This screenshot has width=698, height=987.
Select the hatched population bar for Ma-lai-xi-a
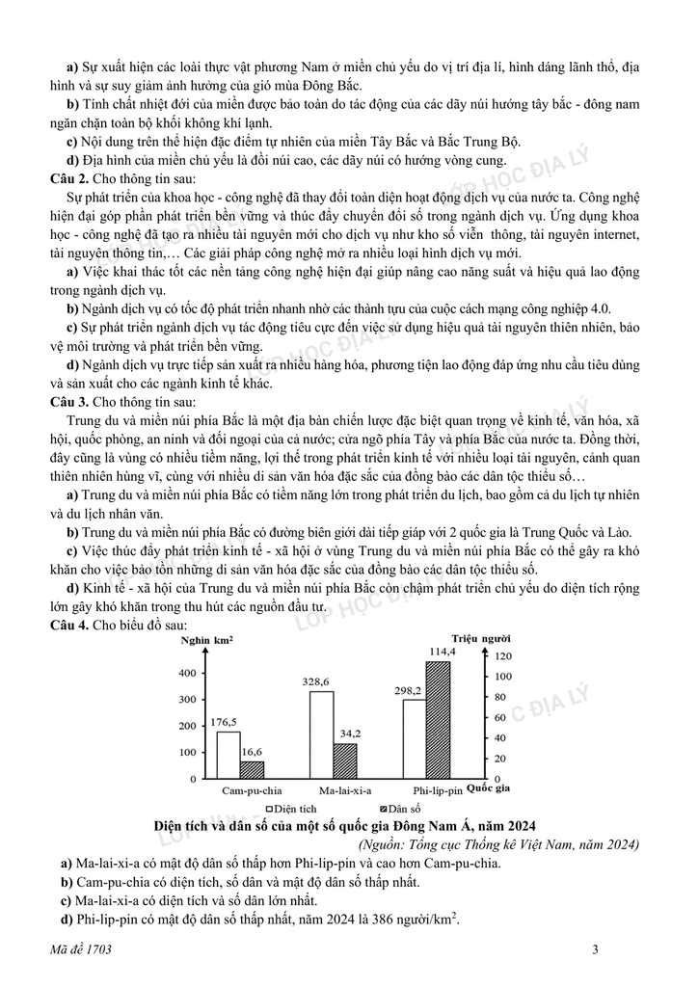pos(345,760)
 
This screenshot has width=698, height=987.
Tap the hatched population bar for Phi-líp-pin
pos(438,719)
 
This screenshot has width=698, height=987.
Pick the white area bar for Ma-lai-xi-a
pos(321,734)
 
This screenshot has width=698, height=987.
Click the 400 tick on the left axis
pos(187,673)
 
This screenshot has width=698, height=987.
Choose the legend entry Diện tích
pos(293,808)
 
